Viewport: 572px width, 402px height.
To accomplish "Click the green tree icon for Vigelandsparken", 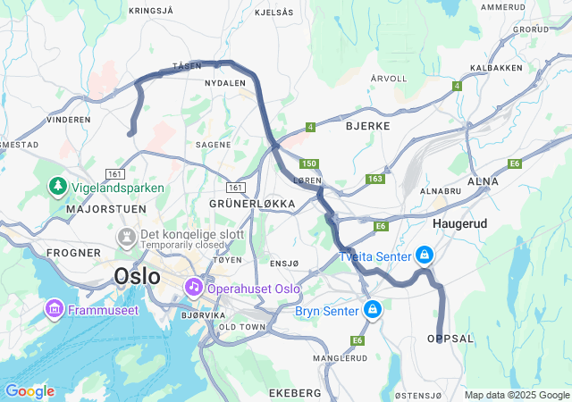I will (58, 187).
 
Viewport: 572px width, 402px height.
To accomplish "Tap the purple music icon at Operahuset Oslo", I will (193, 288).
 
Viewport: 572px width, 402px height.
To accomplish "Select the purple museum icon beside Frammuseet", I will (54, 310).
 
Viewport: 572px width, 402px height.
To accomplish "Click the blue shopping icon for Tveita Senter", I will (424, 255).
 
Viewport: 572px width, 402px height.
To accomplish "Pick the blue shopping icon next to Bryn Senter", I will (372, 310).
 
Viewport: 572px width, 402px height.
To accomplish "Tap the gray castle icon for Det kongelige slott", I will (126, 237).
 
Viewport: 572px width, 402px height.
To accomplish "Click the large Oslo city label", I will (137, 277).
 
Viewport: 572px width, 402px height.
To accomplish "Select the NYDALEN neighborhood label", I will (224, 83).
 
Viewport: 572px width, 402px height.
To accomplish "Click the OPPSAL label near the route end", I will (450, 339).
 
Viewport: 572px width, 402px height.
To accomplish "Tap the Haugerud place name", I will (459, 222).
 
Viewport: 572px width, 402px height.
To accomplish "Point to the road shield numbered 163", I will (374, 180).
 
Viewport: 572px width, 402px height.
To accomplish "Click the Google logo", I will (29, 391).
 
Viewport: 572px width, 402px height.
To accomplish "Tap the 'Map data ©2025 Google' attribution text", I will (516, 395).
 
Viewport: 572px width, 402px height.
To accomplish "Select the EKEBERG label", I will (294, 393).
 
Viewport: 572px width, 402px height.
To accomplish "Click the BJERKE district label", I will (367, 126).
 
